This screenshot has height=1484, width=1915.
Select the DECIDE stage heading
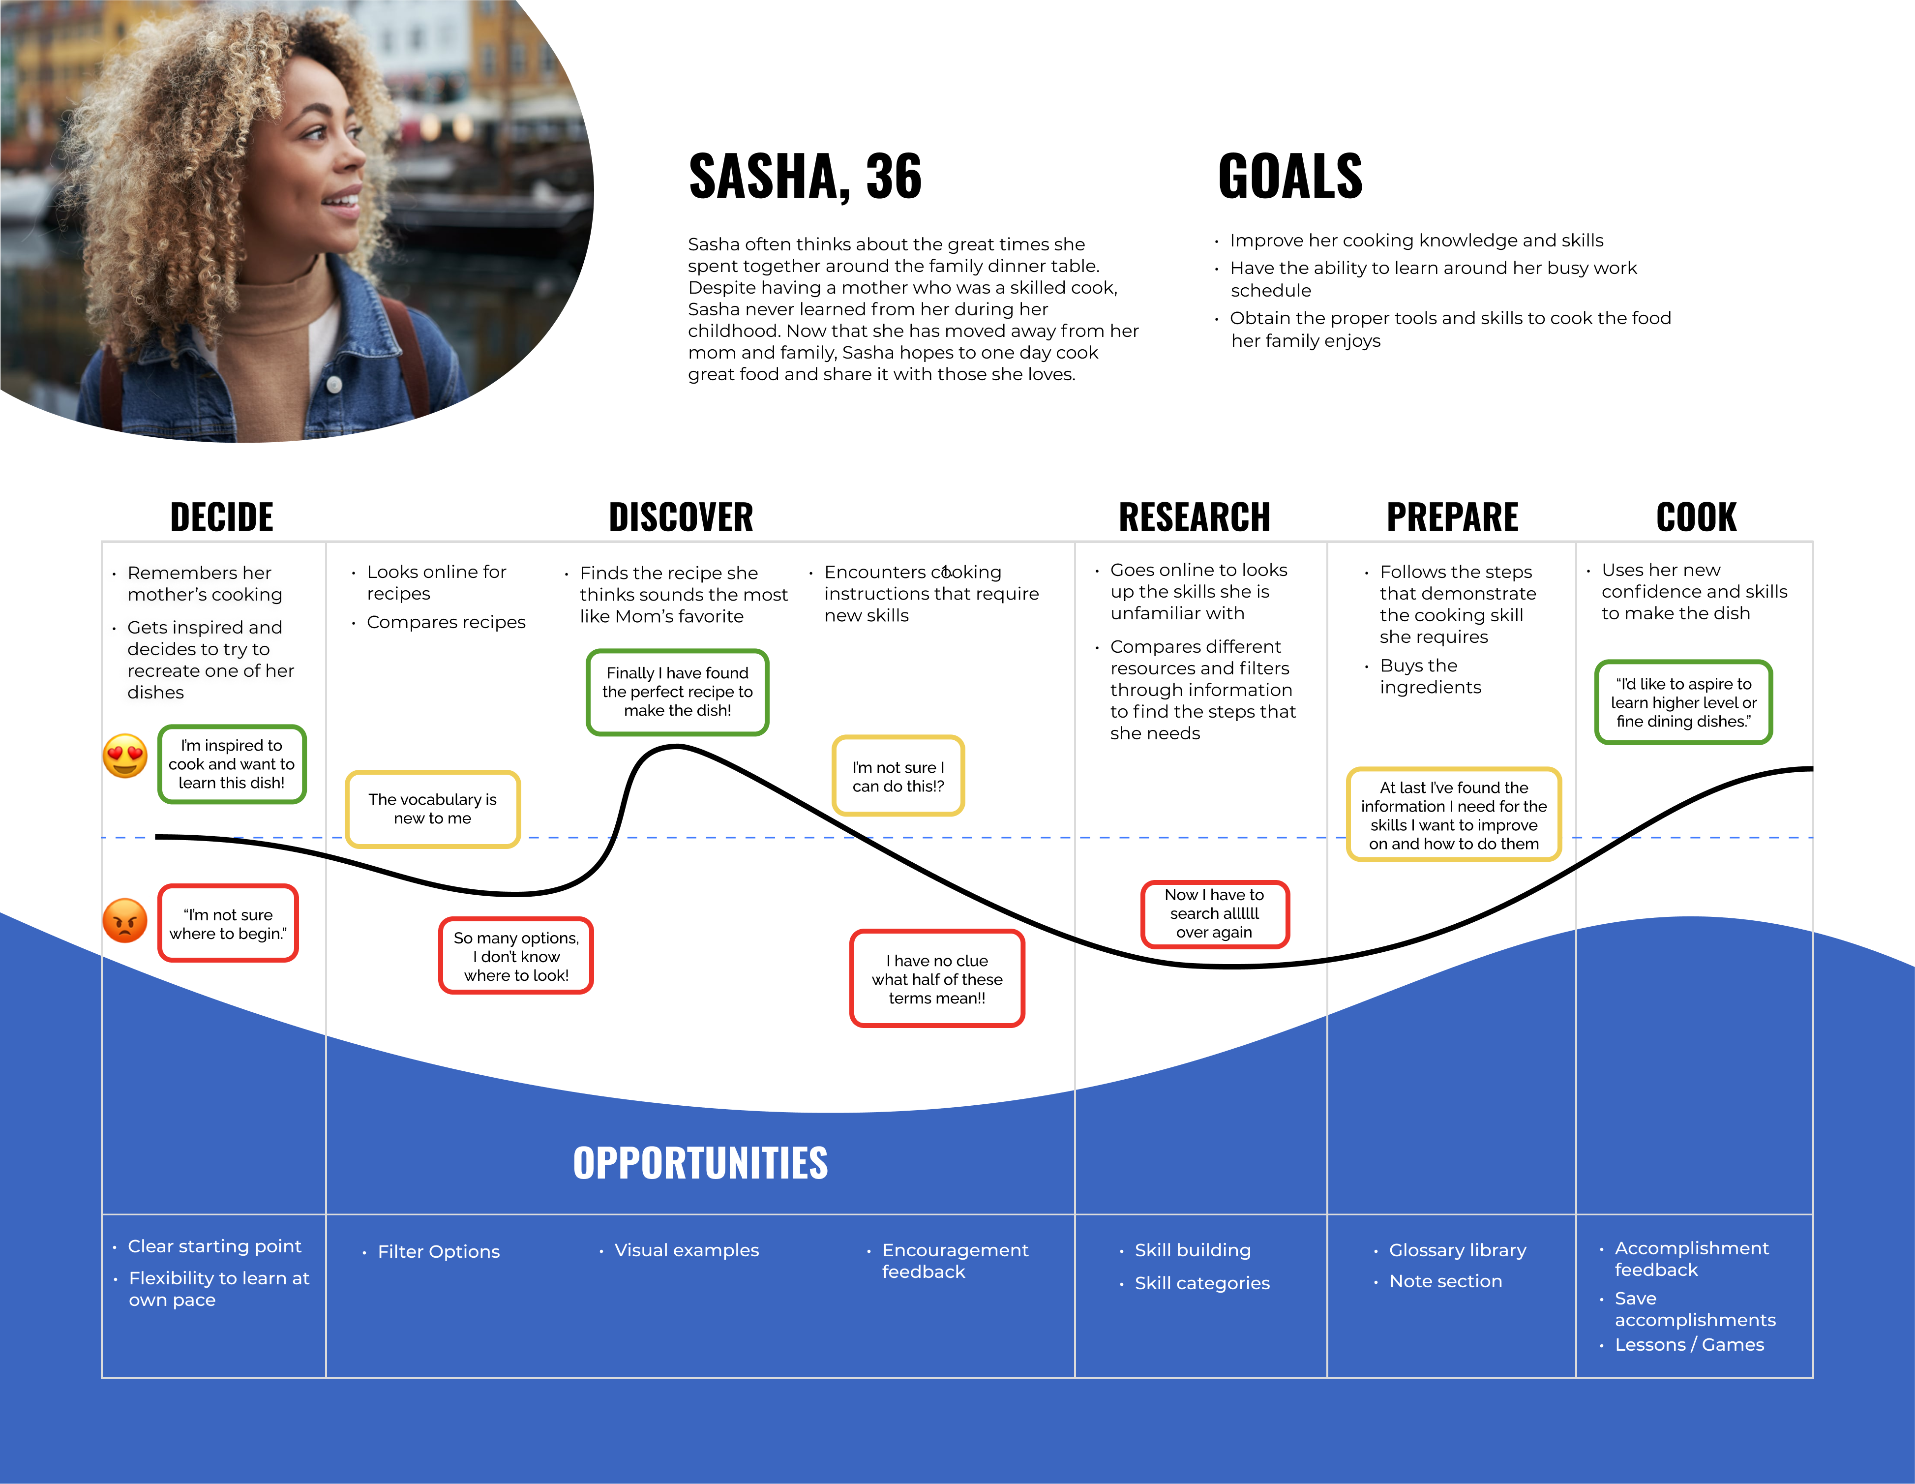222,517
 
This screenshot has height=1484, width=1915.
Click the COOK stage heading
1696,517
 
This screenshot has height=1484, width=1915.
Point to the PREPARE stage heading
1452,517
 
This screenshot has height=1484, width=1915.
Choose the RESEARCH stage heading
1194,517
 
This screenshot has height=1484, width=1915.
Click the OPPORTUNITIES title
700,1163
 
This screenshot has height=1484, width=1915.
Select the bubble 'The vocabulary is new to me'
432,809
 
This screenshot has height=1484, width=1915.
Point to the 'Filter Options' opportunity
438,1251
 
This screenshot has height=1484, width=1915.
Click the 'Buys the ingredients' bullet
1430,676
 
